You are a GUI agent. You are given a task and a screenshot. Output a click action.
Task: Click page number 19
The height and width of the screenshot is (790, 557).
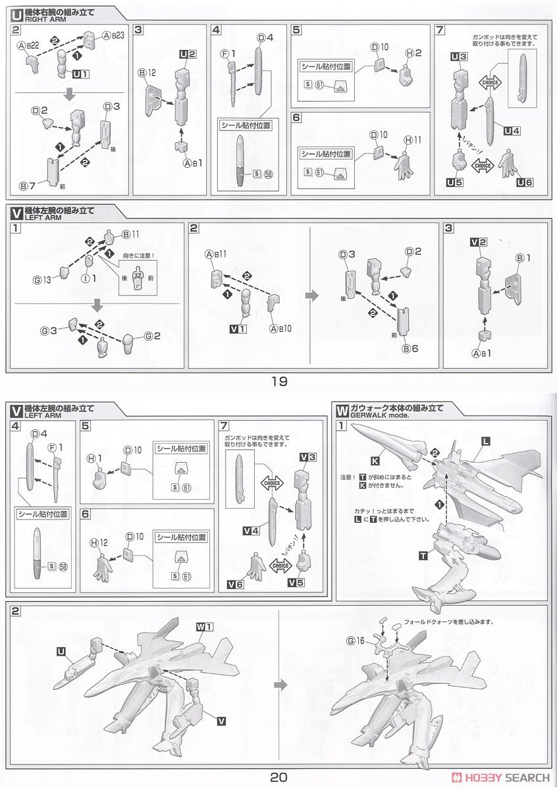click(x=279, y=381)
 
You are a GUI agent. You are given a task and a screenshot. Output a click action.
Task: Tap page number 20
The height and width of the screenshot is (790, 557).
click(x=278, y=777)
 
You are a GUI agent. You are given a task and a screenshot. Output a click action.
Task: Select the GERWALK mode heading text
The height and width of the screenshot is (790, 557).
click(x=377, y=416)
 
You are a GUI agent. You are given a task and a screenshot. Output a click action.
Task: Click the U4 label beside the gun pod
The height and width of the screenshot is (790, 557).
click(x=512, y=130)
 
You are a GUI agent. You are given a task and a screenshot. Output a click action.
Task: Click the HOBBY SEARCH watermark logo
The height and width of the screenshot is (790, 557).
click(x=508, y=777)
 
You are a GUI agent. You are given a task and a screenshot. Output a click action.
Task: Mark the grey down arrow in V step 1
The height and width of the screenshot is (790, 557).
click(x=97, y=305)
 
